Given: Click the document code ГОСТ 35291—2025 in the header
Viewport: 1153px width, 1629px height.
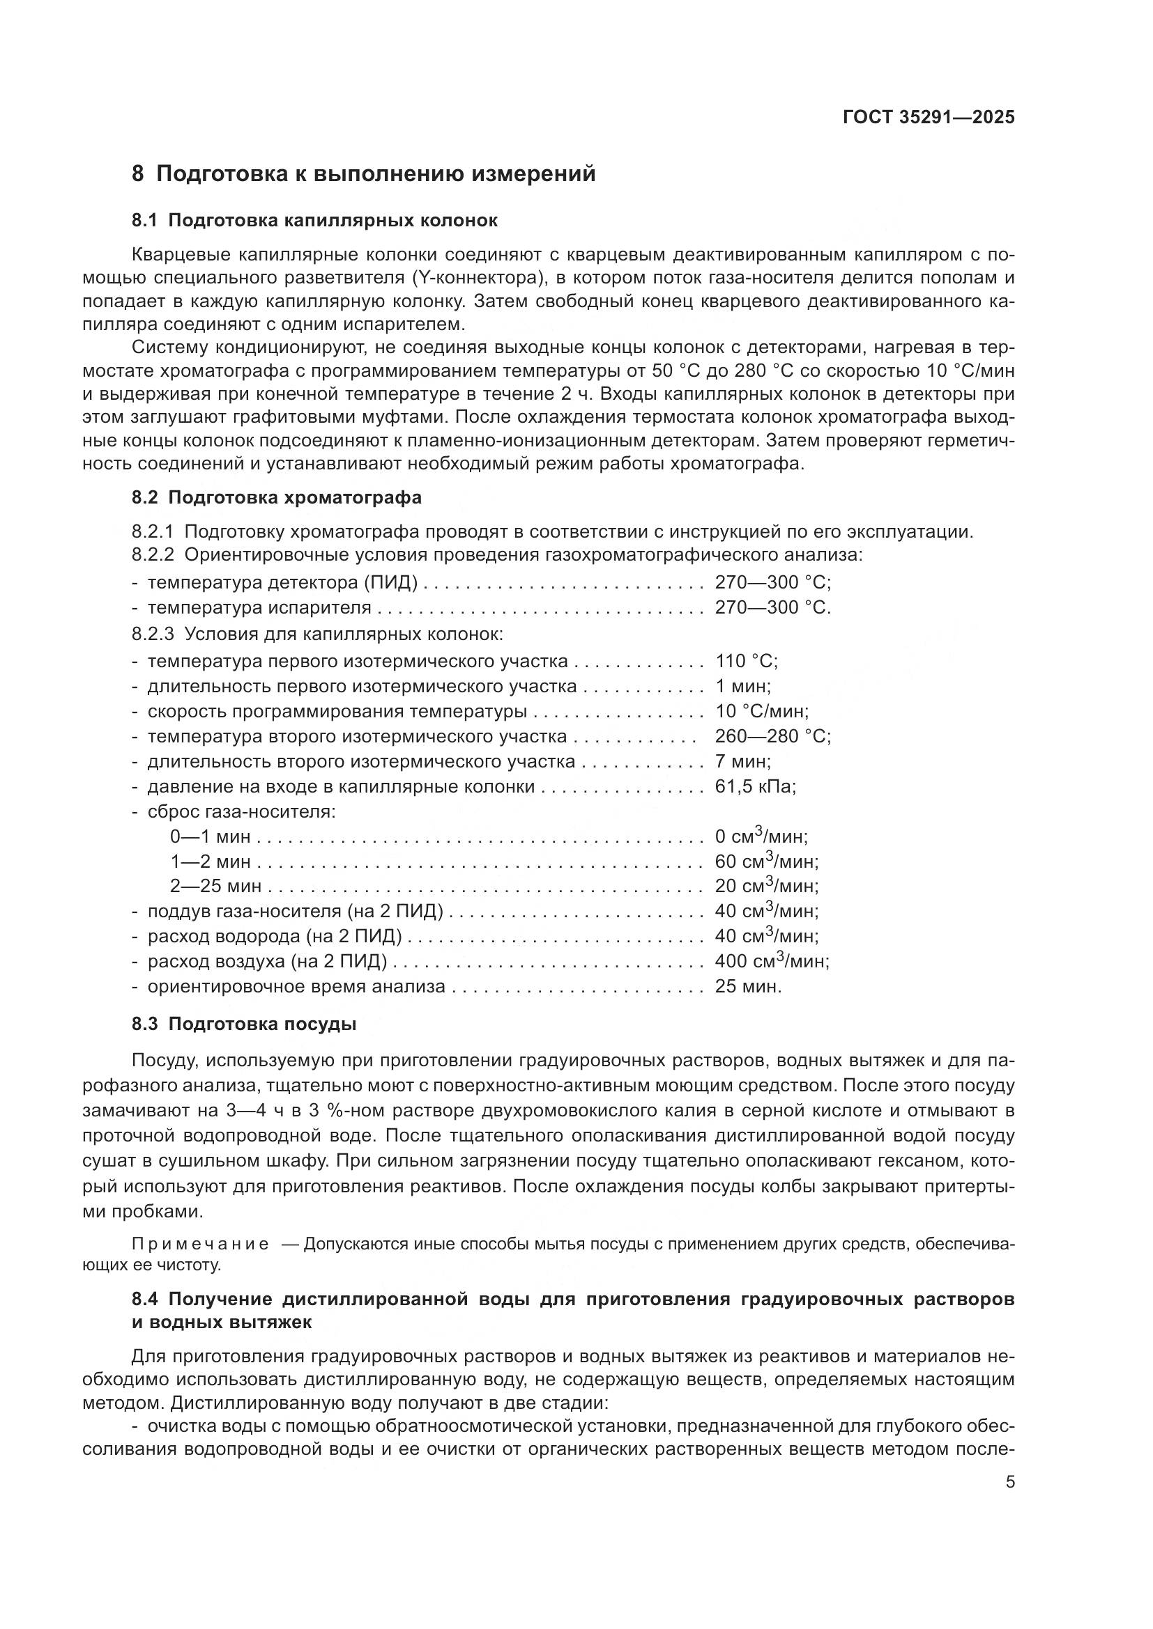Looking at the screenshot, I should pos(929,117).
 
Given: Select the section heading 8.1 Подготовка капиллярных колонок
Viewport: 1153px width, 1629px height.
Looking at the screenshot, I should pos(314,220).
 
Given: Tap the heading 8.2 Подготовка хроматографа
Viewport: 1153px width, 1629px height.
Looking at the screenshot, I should pos(276,497).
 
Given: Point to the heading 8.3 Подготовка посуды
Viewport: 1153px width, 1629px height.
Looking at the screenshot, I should pos(243,1024).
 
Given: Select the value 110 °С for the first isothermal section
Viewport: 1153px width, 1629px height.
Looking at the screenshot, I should pos(745,661).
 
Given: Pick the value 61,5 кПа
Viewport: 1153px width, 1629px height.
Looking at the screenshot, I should pos(755,786).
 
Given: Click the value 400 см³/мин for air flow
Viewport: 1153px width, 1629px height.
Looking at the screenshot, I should pos(771,960).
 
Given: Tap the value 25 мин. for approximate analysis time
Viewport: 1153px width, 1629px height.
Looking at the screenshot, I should pos(747,986).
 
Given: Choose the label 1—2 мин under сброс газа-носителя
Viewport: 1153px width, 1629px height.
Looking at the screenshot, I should pos(210,862).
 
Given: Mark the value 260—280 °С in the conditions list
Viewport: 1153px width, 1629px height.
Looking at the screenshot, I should pos(772,735).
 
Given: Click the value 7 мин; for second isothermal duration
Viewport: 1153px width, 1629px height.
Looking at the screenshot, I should pos(742,761).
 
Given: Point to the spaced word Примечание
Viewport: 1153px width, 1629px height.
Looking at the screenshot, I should pos(200,1245).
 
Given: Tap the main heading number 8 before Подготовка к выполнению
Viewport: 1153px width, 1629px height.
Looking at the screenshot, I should pos(138,174).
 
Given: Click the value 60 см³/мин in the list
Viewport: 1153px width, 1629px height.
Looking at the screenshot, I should pos(766,862).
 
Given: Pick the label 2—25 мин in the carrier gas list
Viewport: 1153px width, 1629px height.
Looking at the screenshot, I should pos(215,886).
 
